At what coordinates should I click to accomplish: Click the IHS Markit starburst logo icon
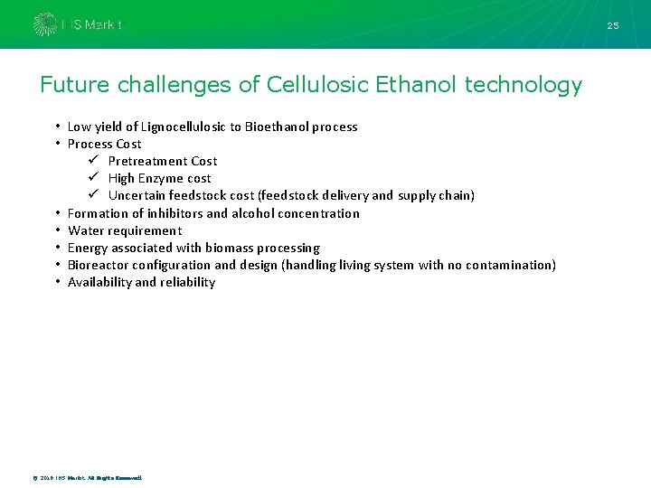point(44,24)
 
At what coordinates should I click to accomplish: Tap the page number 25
point(613,25)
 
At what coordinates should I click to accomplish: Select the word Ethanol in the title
point(416,85)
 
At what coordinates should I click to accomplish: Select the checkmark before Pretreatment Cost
point(93,161)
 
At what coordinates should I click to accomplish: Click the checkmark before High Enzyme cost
point(93,178)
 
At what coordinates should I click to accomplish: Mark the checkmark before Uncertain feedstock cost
point(93,195)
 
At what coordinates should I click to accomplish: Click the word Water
point(86,230)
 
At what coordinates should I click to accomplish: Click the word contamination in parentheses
point(510,265)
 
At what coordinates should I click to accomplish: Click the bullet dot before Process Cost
point(57,144)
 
